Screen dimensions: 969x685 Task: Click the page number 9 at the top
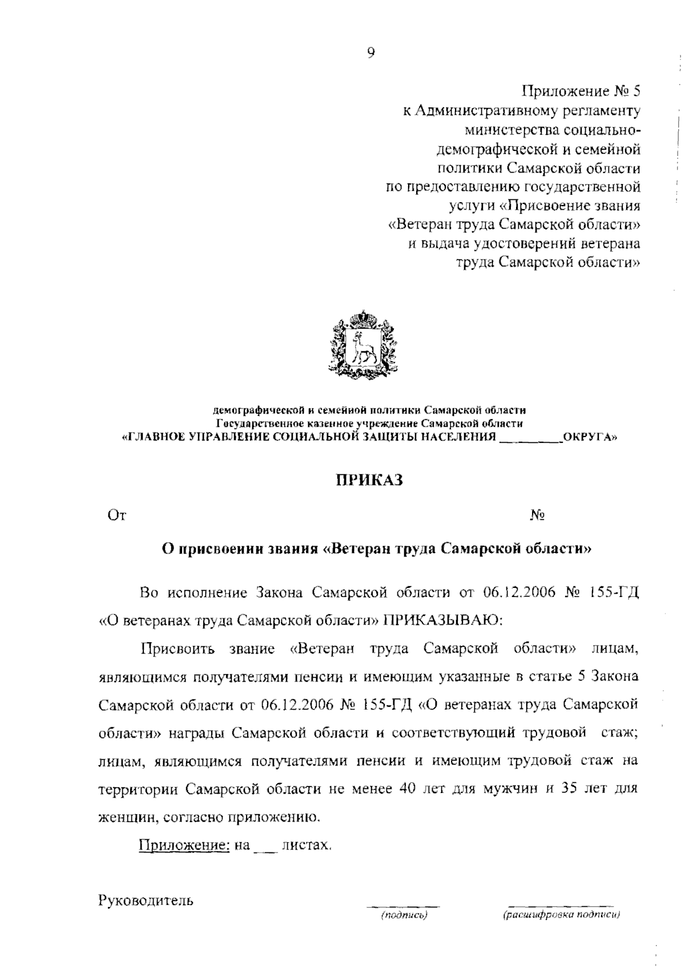(371, 53)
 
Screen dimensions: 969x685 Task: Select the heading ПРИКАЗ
(369, 480)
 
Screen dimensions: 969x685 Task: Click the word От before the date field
(116, 515)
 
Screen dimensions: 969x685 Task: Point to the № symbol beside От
(537, 515)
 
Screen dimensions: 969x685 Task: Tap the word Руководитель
(146, 901)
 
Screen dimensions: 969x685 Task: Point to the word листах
(307, 846)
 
